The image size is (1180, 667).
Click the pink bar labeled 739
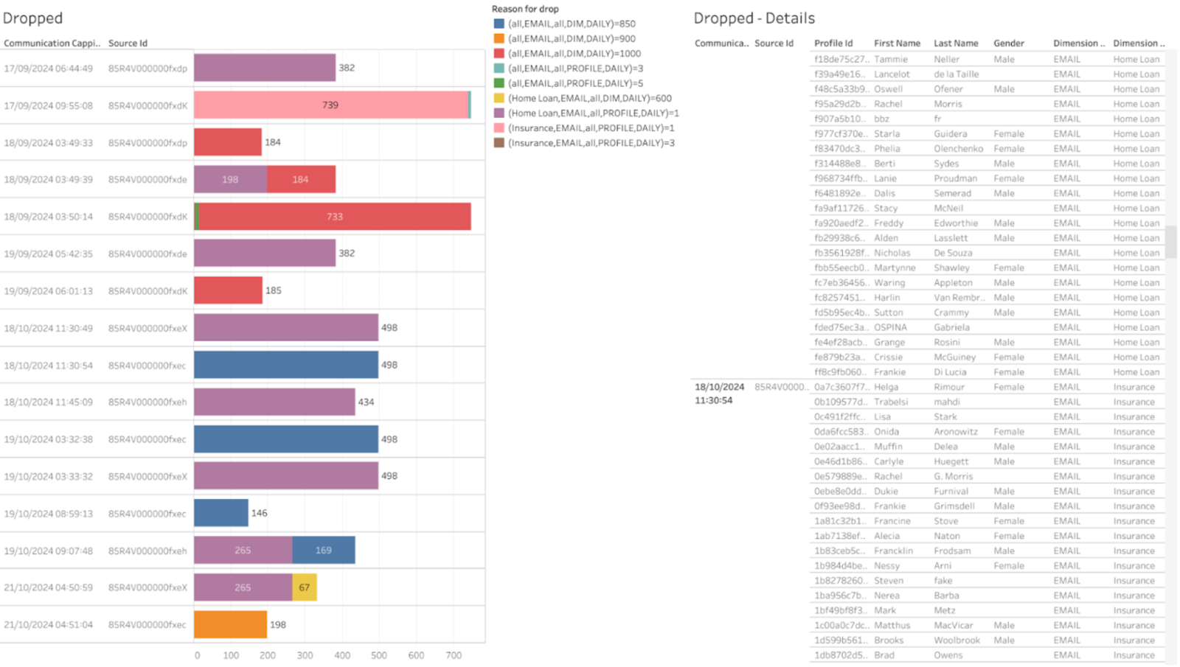pyautogui.click(x=331, y=105)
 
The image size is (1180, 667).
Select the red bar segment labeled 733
pyautogui.click(x=335, y=217)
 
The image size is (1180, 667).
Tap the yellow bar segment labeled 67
pyautogui.click(x=305, y=587)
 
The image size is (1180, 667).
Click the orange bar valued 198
pyautogui.click(x=230, y=624)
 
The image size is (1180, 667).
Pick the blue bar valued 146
pyautogui.click(x=221, y=513)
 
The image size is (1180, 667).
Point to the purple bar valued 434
pyautogui.click(x=274, y=402)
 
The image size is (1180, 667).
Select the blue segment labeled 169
pyautogui.click(x=323, y=551)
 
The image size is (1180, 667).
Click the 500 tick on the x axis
pyautogui.click(x=379, y=655)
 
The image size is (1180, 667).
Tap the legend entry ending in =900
pyautogui.click(x=572, y=38)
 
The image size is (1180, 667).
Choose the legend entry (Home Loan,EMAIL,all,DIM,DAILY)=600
pyautogui.click(x=589, y=98)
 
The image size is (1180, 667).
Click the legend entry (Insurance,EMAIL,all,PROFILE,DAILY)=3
pyautogui.click(x=591, y=143)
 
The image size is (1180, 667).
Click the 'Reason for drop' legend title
pyautogui.click(x=525, y=9)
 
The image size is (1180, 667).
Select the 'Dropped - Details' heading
pyautogui.click(x=754, y=18)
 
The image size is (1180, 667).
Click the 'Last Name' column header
pyautogui.click(x=956, y=43)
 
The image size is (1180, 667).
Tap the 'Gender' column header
pyautogui.click(x=1008, y=43)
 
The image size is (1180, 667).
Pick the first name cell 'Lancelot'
pyautogui.click(x=892, y=74)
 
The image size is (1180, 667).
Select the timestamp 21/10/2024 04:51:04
pyautogui.click(x=49, y=625)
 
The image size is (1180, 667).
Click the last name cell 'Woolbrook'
pyautogui.click(x=957, y=640)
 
